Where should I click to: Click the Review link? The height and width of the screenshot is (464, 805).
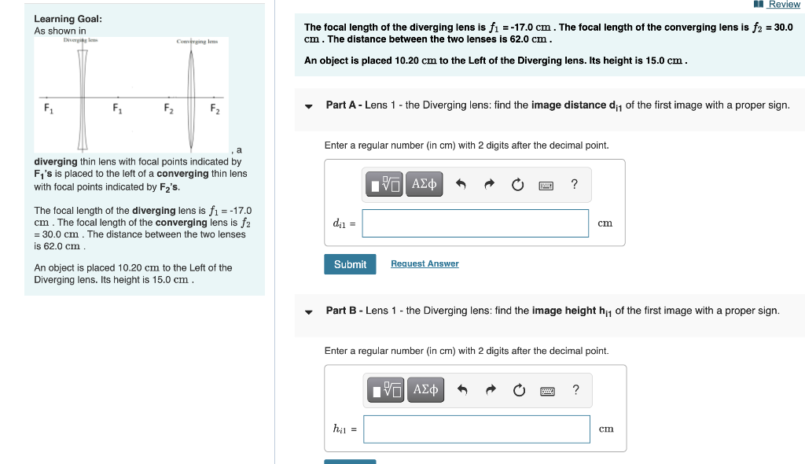pyautogui.click(x=783, y=5)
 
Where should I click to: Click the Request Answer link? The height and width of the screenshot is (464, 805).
pyautogui.click(x=425, y=264)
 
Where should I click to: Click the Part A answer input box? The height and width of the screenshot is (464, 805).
pyautogui.click(x=475, y=223)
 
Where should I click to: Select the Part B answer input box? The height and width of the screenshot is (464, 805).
pyautogui.click(x=476, y=429)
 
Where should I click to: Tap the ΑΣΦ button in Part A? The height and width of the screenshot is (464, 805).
pyautogui.click(x=425, y=184)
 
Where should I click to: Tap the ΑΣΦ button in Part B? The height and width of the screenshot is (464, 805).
pyautogui.click(x=425, y=389)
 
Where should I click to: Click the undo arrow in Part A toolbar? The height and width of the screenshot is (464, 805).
pyautogui.click(x=461, y=185)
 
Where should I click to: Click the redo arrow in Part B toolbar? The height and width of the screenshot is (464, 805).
pyautogui.click(x=489, y=390)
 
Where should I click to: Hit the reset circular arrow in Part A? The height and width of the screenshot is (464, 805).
pyautogui.click(x=517, y=185)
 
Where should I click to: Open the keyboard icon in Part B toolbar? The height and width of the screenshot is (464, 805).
pyautogui.click(x=546, y=390)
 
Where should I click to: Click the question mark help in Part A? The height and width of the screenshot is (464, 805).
pyautogui.click(x=575, y=185)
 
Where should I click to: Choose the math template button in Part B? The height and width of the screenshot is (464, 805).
pyautogui.click(x=386, y=389)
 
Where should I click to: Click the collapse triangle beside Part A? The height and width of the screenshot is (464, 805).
pyautogui.click(x=309, y=106)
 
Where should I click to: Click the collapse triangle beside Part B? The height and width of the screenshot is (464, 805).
pyautogui.click(x=309, y=311)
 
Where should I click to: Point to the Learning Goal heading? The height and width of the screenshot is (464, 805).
pyautogui.click(x=68, y=19)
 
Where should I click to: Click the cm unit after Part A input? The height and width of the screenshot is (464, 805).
pyautogui.click(x=605, y=223)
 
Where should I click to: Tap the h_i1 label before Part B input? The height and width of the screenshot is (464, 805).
pyautogui.click(x=344, y=429)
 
